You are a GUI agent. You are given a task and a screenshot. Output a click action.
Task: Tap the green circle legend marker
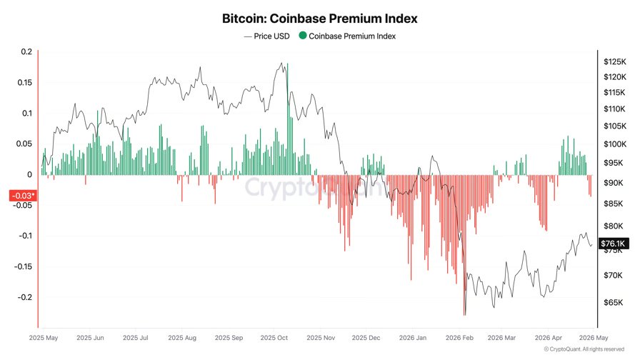[x=303, y=36]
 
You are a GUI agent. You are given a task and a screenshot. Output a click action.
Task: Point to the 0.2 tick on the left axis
[x=26, y=51]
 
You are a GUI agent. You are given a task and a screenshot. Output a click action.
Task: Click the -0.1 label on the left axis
[x=24, y=236]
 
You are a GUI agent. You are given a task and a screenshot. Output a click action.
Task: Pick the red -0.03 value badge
[x=22, y=195]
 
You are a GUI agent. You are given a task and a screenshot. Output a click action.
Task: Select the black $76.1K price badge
[x=612, y=244]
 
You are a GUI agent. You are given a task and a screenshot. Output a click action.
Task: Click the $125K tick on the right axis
[x=614, y=62]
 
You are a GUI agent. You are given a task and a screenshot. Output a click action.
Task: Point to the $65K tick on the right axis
[x=613, y=303]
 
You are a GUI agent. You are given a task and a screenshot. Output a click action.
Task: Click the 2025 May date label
[x=44, y=337]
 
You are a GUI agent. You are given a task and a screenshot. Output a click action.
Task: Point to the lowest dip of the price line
[x=464, y=315]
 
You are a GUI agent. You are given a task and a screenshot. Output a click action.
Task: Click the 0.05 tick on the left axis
[x=24, y=144]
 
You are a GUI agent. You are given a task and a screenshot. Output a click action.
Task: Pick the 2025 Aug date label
[x=181, y=337]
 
